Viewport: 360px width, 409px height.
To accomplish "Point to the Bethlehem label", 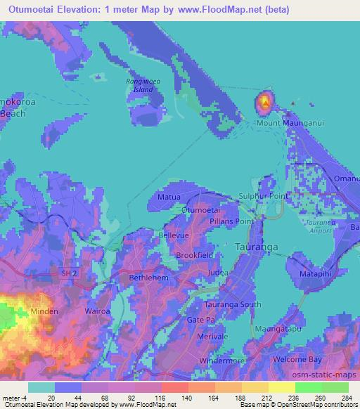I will (147, 278).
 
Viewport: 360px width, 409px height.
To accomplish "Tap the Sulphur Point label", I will (264, 196).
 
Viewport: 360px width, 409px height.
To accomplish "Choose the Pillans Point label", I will (231, 221).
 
